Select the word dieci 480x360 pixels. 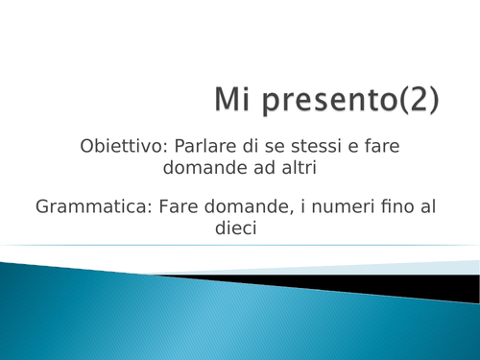click(x=239, y=228)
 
